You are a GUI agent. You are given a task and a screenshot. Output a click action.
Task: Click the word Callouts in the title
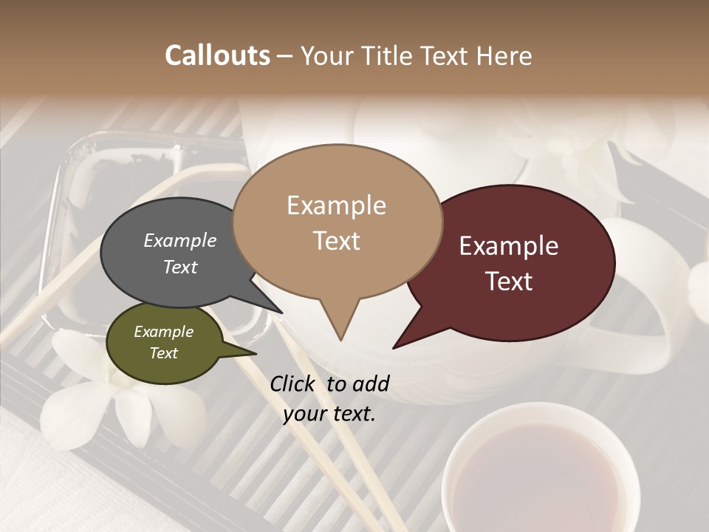[x=217, y=55]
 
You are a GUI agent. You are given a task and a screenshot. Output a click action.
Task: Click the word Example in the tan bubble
[x=337, y=205]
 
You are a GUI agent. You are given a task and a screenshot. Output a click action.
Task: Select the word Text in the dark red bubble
[x=510, y=282]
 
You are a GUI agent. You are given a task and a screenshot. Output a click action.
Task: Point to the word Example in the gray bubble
[x=180, y=241]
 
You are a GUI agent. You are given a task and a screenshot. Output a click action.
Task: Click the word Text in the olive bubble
[x=164, y=353]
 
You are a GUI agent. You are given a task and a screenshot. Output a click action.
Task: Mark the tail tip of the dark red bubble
[x=395, y=347]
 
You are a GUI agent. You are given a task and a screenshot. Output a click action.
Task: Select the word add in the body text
[x=371, y=383]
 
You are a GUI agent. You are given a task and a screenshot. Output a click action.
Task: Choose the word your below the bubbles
[x=304, y=414]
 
